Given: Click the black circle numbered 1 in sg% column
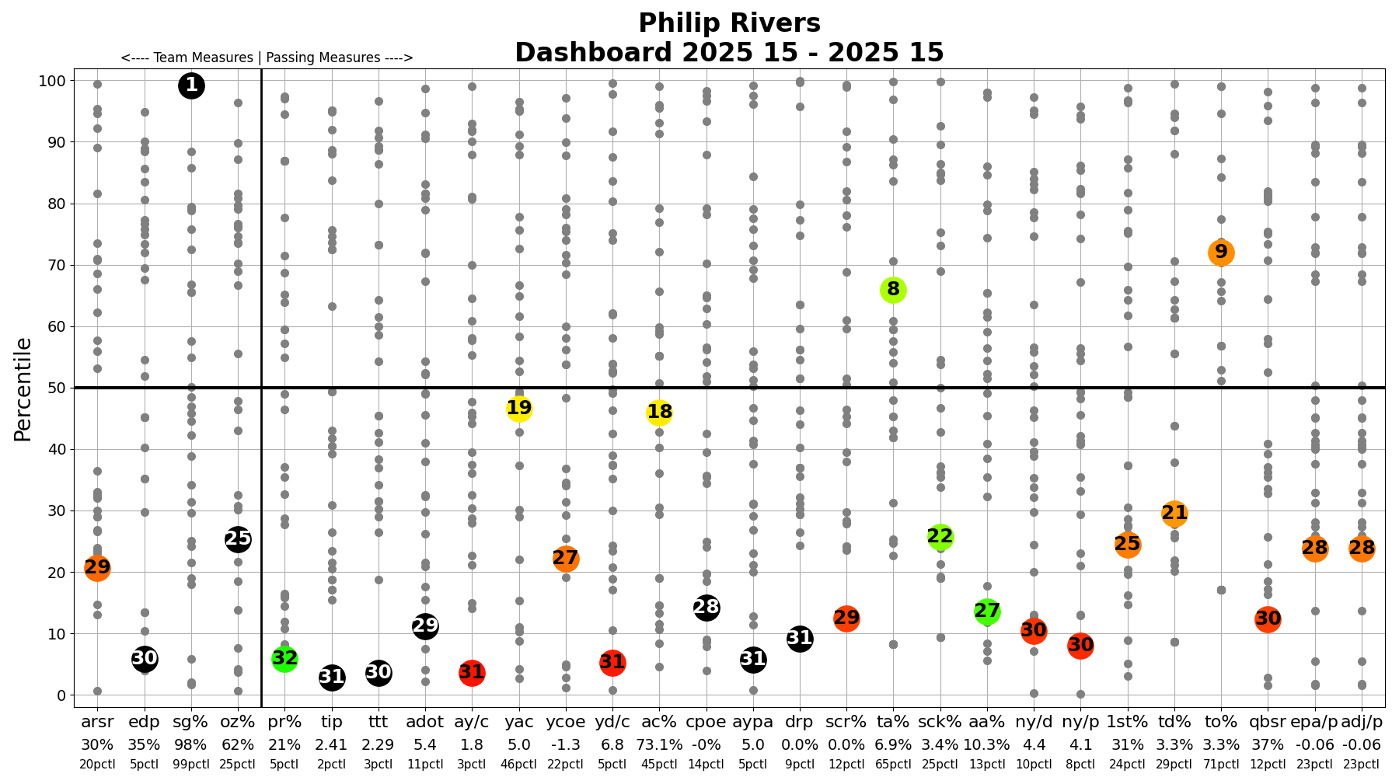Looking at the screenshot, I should tap(191, 85).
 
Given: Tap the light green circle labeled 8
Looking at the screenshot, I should tap(893, 290).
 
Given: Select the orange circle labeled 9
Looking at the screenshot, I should tap(1221, 253).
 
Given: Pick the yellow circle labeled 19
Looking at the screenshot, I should tap(519, 408).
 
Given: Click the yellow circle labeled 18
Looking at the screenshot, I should tap(659, 413).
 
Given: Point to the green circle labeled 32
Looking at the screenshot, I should tap(284, 659).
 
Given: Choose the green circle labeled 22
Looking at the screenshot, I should tap(940, 537).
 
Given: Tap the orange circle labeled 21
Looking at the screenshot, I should tap(1174, 514).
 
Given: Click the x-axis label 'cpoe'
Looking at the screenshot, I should tap(706, 723).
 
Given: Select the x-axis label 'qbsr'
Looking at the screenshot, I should tap(1268, 723).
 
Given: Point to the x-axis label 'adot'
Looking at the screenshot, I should tap(425, 723).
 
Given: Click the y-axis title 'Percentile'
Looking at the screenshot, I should tap(23, 388).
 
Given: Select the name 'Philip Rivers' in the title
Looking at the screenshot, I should tap(729, 23).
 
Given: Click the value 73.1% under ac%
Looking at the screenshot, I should tap(659, 744).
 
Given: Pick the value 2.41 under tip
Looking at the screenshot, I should tap(332, 744).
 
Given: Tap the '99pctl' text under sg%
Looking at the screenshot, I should tap(191, 765).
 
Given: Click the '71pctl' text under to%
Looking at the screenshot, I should tap(1221, 765).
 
